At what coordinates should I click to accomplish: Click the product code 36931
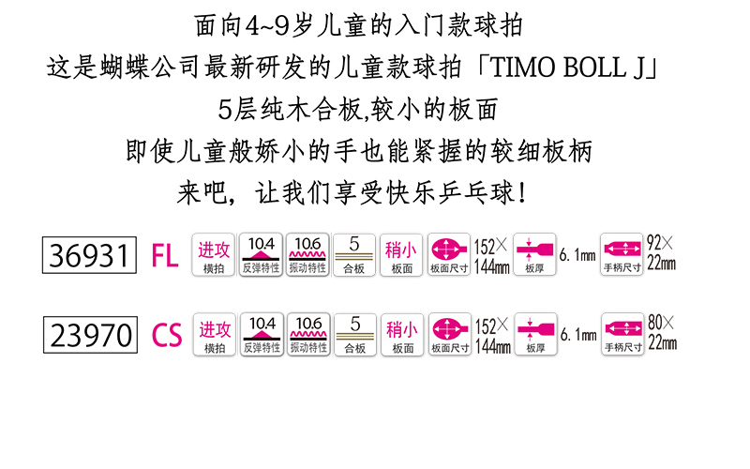[x=89, y=254]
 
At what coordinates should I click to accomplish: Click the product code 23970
[x=89, y=335]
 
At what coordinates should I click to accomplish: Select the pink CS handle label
[x=166, y=336]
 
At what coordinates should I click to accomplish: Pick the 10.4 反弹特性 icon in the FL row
[x=262, y=254]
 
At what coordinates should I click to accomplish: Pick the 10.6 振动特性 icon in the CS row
[x=308, y=335]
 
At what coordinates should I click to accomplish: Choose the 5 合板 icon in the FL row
[x=354, y=254]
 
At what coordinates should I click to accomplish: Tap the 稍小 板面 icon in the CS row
[x=402, y=335]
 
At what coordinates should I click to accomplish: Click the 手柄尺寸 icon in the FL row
[x=622, y=254]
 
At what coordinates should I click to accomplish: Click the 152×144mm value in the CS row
[x=492, y=336]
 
